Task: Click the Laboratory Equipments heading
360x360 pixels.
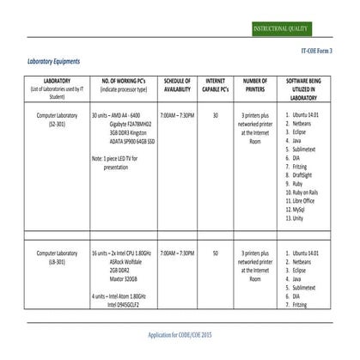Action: coord(54,61)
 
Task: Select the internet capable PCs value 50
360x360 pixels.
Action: coord(216,253)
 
